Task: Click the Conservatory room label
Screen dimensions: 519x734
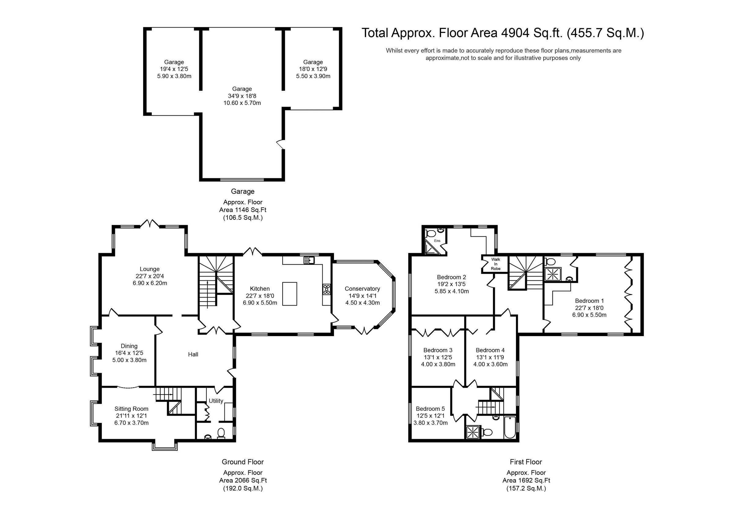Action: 362,289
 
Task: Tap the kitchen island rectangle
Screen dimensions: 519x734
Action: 290,294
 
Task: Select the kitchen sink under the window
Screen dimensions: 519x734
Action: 309,260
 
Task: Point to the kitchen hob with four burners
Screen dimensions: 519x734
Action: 326,289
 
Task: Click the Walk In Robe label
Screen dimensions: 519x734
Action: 495,264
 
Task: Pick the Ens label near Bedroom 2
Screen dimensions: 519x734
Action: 437,241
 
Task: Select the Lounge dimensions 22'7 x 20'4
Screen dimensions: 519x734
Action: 150,276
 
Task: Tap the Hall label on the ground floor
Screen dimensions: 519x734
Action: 193,354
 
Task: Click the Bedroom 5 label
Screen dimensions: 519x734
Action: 430,409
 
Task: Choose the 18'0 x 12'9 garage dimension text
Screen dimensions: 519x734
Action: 313,69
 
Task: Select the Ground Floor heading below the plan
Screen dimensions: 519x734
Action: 243,462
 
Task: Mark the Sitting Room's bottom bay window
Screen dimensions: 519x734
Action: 165,446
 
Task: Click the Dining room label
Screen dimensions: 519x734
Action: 129,346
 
